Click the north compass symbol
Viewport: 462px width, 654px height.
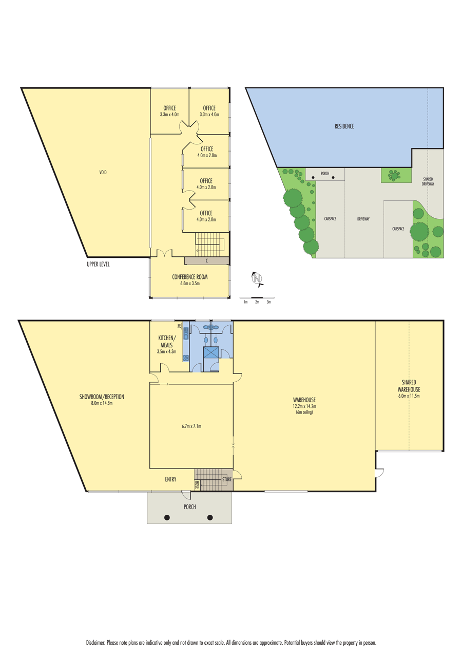pos(257,279)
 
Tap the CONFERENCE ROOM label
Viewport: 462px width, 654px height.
pos(190,277)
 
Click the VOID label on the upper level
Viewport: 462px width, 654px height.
pos(103,172)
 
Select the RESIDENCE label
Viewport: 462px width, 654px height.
pos(344,126)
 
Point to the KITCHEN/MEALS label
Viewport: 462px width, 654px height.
pos(167,341)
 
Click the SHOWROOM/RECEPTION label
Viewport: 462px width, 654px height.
pos(102,397)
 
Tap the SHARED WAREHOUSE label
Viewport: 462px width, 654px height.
pos(409,386)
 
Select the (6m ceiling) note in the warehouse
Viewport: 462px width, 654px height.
pos(304,412)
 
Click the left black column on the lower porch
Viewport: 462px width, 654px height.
pos(167,518)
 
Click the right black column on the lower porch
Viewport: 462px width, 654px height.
pos(210,518)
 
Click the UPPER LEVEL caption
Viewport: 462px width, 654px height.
pos(98,264)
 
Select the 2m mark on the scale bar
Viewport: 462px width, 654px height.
pos(257,302)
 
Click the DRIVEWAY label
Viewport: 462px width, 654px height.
pos(363,219)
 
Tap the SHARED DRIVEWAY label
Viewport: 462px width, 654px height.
pos(428,181)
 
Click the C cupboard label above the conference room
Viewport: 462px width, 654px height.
pos(207,260)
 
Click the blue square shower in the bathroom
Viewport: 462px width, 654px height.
pos(211,352)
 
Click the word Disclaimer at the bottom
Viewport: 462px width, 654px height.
pos(95,640)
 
